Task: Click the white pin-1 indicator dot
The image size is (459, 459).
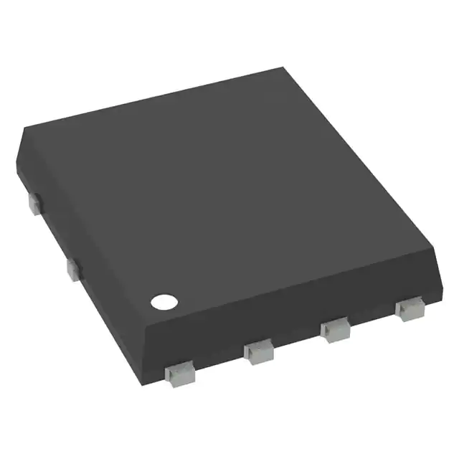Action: tap(163, 301)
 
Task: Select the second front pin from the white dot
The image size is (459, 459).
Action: tap(258, 351)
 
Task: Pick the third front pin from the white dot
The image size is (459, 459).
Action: tap(335, 330)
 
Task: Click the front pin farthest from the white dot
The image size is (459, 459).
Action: tap(409, 309)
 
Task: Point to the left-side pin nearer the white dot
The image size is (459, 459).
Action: tap(72, 269)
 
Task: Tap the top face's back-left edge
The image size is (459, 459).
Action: tap(151, 99)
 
